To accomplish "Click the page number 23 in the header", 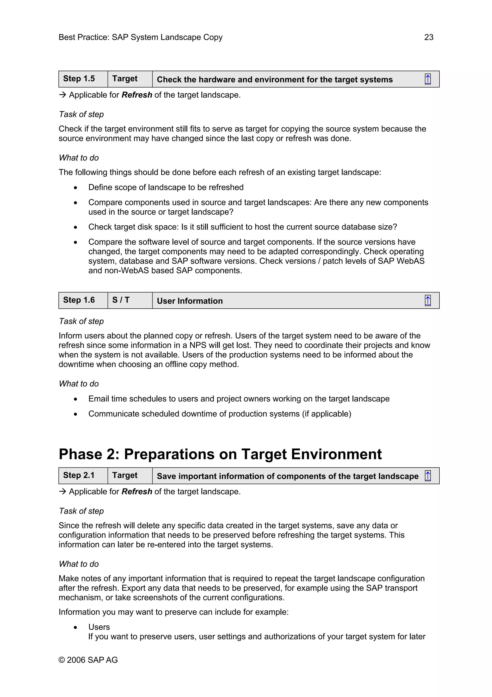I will [428, 37].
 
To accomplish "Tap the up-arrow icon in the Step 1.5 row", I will [427, 79].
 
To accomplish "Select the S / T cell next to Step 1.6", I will [130, 300].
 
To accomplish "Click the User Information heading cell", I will [190, 301].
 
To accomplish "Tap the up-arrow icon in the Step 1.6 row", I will [427, 301].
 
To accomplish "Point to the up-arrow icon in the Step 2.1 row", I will [427, 476].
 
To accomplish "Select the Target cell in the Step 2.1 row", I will [130, 475].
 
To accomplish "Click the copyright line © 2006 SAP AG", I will [88, 660].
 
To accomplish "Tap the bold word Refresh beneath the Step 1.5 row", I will [137, 95].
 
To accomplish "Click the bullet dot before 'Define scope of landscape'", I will [75, 188].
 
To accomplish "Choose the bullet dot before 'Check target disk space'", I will [75, 227].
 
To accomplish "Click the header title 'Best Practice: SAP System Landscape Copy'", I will [140, 37].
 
